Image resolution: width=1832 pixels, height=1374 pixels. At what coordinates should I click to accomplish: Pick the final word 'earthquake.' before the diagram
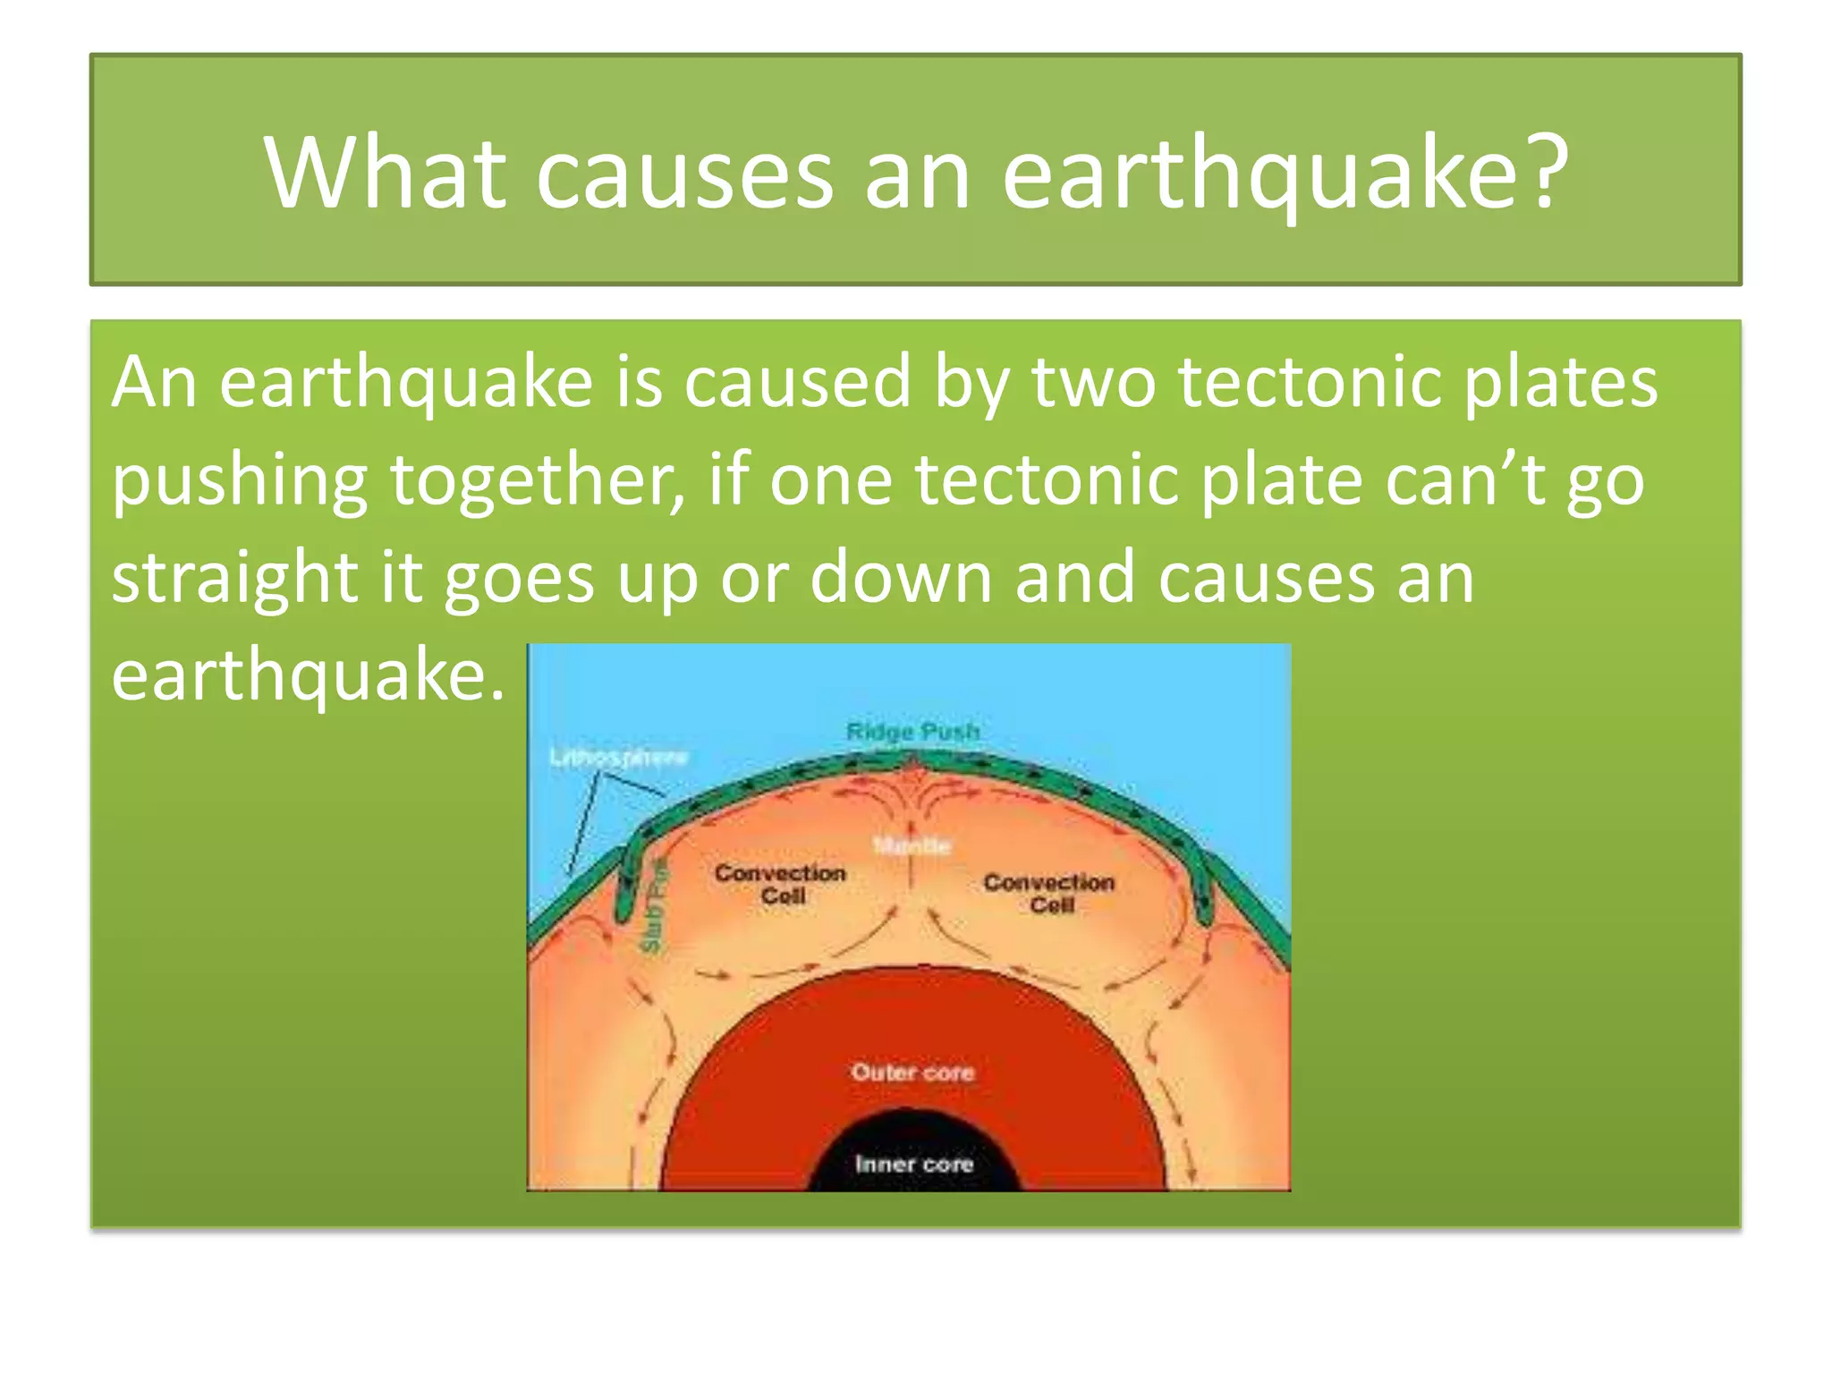point(308,676)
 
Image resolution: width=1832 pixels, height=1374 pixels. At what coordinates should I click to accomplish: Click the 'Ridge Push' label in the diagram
point(912,732)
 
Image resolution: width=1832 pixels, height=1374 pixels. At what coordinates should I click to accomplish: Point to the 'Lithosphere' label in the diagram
point(618,758)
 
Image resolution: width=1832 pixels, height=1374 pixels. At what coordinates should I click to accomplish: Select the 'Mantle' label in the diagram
point(912,845)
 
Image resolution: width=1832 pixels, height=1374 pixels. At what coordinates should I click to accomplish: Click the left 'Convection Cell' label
point(781,884)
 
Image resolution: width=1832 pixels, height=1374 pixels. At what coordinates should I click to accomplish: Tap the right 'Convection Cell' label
point(1049,893)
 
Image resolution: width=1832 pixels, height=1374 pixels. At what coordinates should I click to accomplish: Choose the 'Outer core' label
point(912,1072)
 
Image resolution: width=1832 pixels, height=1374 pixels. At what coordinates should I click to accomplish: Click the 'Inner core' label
point(913,1164)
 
